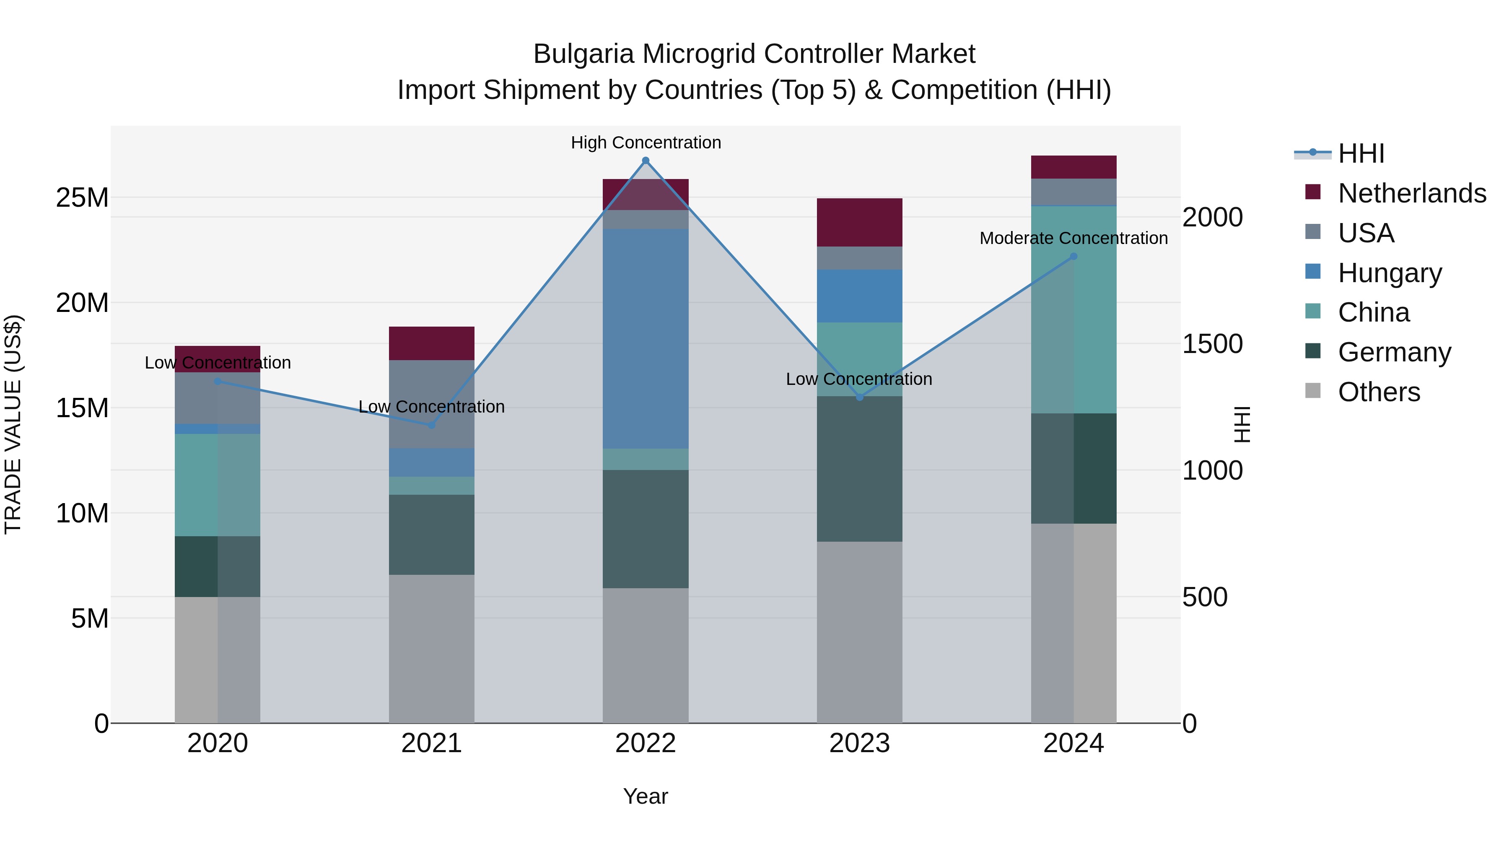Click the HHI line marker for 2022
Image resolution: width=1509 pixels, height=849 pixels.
point(646,161)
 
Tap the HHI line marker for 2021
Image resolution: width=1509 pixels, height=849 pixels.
point(432,425)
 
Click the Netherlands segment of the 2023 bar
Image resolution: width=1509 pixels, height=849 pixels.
point(859,223)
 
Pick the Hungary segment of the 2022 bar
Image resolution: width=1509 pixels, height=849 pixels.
point(646,339)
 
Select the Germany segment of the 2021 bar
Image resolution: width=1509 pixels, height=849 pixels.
point(432,535)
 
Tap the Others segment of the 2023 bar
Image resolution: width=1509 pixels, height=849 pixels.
point(859,632)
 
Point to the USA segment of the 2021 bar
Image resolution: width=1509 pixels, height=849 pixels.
point(432,404)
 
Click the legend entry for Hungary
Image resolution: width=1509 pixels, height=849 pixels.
point(1389,273)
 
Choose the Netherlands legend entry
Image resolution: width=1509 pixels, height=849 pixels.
point(1411,193)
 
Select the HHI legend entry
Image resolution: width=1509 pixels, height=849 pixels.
point(1361,153)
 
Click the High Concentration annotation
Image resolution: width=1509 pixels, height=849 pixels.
point(646,143)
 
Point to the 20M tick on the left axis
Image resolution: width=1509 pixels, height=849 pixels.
point(82,303)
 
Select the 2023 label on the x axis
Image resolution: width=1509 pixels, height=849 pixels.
point(859,743)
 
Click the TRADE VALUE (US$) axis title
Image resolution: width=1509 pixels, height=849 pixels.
point(13,424)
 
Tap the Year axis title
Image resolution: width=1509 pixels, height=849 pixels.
point(646,796)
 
